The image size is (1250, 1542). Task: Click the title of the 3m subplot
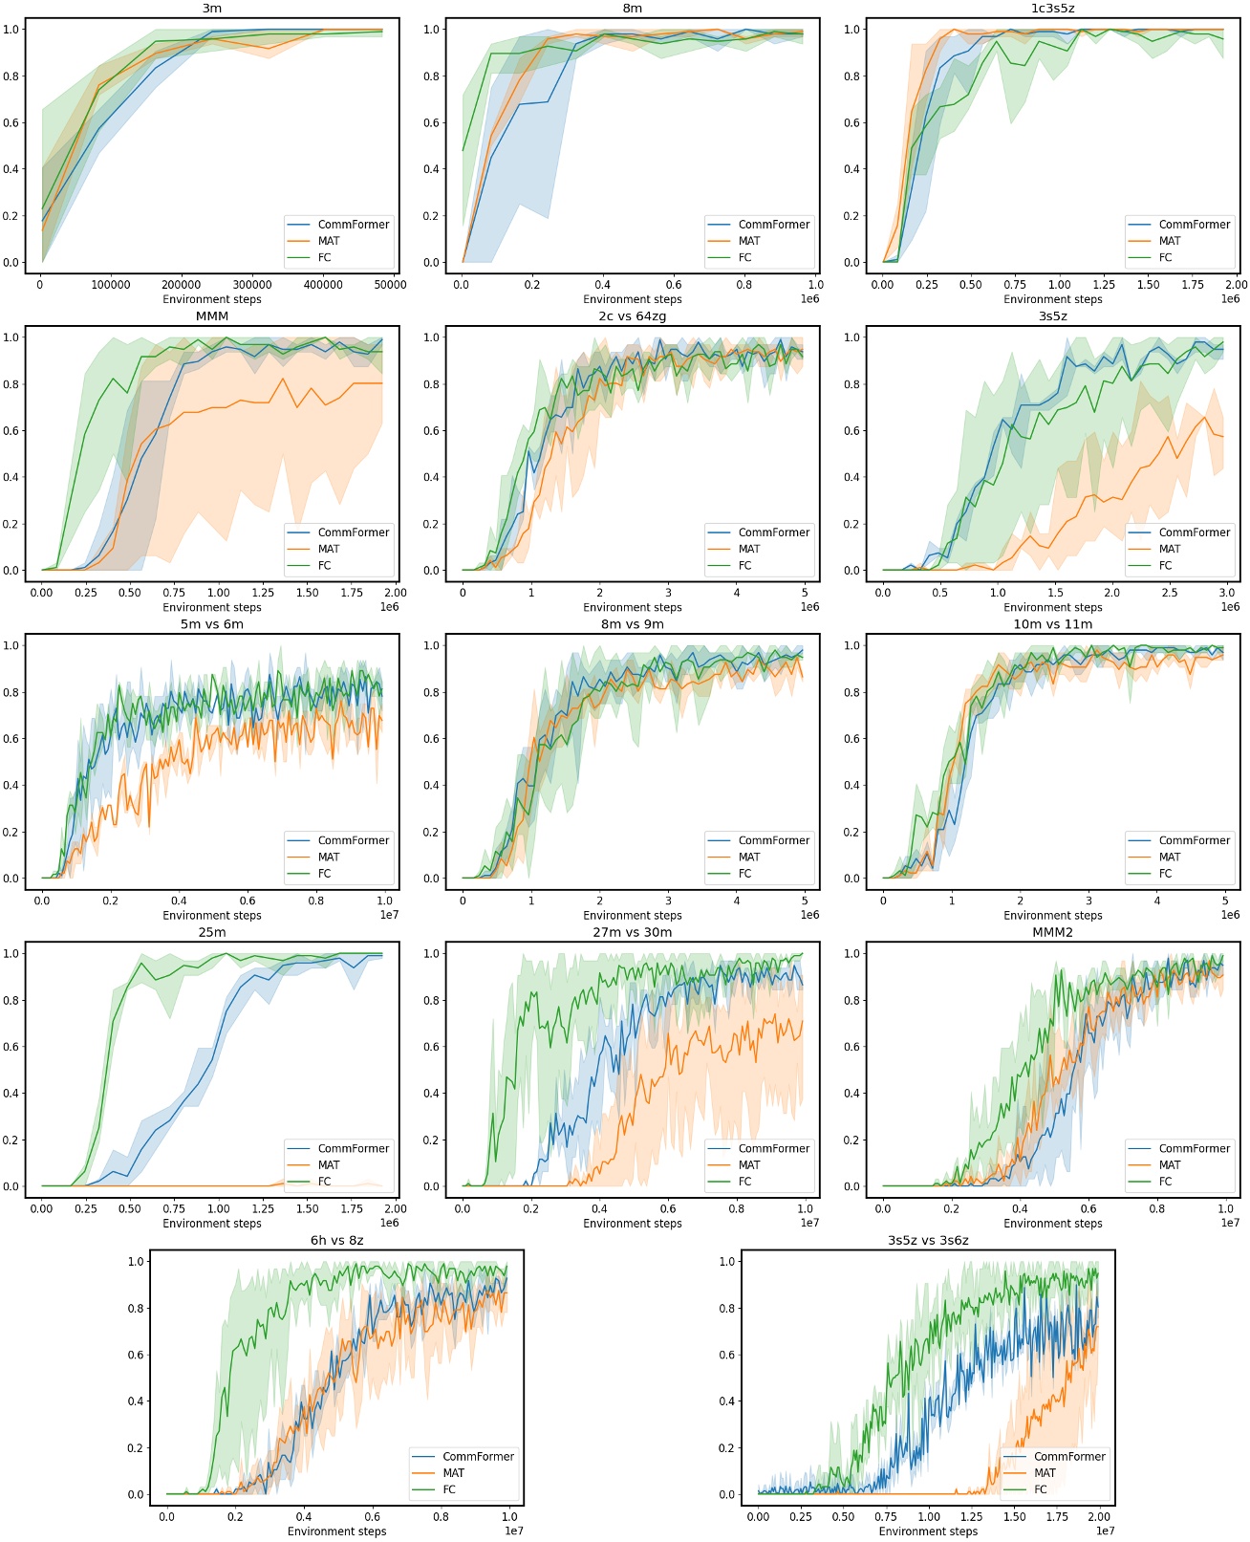[x=211, y=9]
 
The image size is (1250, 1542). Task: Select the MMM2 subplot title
[x=1052, y=932]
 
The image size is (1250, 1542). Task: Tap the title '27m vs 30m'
[x=632, y=932]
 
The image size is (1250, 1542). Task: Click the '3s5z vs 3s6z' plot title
[x=928, y=1240]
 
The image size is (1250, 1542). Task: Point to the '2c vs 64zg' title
[x=632, y=316]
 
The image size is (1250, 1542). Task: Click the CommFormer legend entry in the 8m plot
[x=773, y=225]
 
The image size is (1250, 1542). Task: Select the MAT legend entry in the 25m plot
[x=329, y=1164]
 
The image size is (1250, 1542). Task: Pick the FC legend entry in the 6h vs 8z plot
[x=449, y=1489]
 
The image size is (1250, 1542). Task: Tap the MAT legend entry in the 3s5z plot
[x=1170, y=549]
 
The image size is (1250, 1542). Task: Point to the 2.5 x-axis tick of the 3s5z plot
[x=1170, y=593]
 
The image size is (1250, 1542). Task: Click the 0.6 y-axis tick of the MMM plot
[x=11, y=431]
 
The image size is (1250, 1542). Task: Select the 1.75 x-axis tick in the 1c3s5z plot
[x=1192, y=285]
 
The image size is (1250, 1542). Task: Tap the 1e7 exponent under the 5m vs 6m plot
[x=389, y=915]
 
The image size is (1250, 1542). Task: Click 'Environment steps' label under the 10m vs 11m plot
[x=1052, y=915]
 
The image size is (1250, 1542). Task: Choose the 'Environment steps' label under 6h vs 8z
[x=336, y=1531]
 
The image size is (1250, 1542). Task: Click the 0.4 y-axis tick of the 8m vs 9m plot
[x=431, y=786]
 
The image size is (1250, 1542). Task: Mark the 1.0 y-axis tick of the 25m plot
[x=11, y=953]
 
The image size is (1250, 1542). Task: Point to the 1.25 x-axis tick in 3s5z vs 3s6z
[x=971, y=1516]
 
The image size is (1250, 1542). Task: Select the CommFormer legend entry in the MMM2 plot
[x=1194, y=1148]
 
